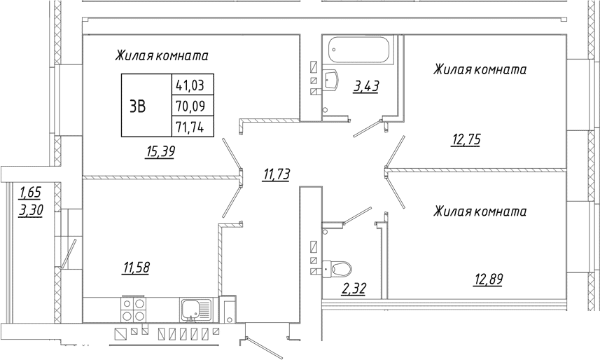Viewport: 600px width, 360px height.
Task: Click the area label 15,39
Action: point(160,152)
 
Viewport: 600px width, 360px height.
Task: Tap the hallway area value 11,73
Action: point(276,174)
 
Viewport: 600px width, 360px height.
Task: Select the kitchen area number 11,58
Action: point(136,268)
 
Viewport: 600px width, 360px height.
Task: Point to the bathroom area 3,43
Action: point(366,86)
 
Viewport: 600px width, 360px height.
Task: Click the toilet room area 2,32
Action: point(354,288)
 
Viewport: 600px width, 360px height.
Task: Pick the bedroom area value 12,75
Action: point(466,140)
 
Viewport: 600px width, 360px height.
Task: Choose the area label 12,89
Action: point(488,279)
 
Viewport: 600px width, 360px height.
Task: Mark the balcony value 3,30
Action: point(31,210)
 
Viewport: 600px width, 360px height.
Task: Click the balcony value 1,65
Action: point(30,192)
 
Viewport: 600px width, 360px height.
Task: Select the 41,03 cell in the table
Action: point(193,84)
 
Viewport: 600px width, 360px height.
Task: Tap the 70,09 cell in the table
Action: point(193,105)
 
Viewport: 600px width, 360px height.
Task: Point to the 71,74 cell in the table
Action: point(193,126)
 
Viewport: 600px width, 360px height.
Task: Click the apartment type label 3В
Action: point(137,106)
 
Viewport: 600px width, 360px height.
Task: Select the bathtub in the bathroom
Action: point(359,50)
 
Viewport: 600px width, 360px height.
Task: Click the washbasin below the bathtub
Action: point(330,79)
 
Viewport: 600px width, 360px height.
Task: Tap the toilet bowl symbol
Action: point(337,268)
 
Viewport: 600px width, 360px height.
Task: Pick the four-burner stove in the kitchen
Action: point(134,310)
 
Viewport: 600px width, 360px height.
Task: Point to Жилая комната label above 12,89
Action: point(480,212)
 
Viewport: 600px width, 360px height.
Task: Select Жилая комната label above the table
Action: point(162,56)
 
